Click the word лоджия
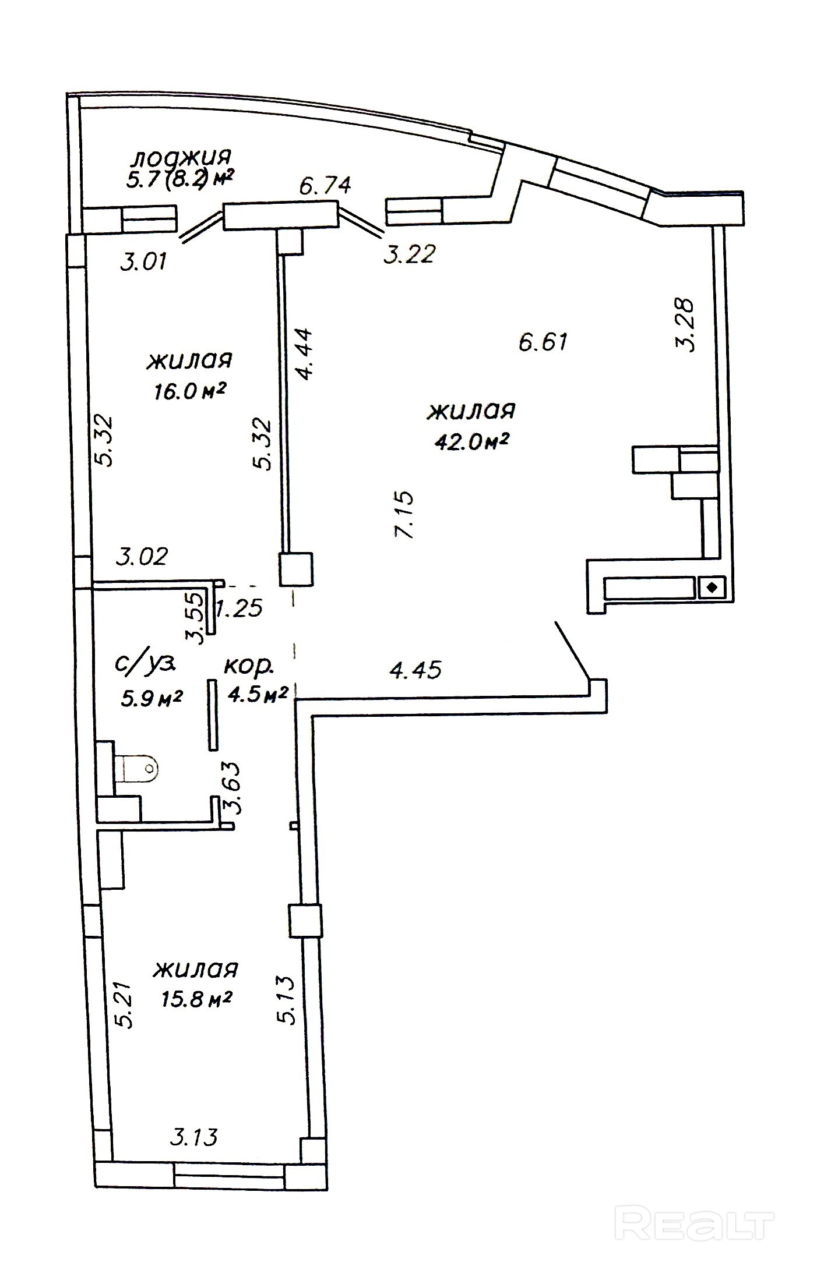point(182,157)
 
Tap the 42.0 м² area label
point(471,443)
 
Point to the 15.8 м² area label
point(196,1000)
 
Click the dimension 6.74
point(325,186)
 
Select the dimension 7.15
point(404,515)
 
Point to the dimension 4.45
point(415,669)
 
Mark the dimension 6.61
point(543,341)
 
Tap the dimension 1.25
point(240,609)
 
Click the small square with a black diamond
point(711,588)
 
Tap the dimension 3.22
point(408,254)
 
